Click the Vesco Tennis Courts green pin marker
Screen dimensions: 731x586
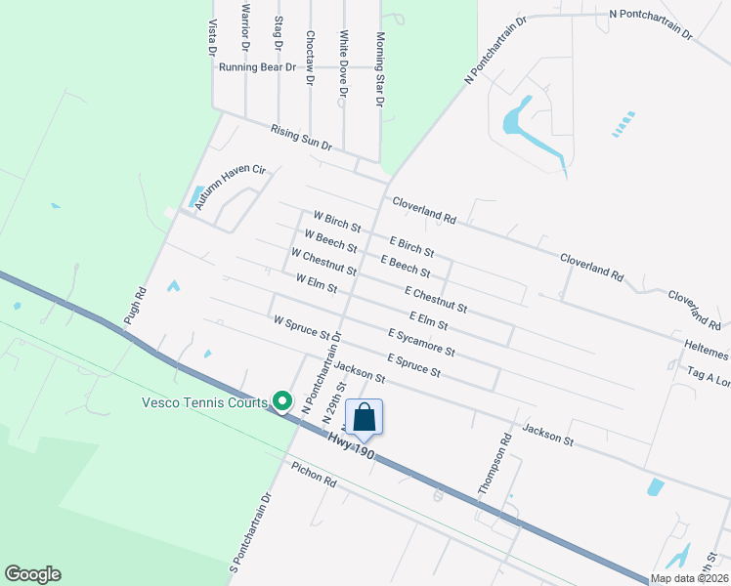(282, 400)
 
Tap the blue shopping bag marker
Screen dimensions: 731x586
(364, 417)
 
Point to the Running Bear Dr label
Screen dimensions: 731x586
(257, 67)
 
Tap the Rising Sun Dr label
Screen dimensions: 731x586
(302, 137)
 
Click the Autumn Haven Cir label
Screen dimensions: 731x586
(230, 186)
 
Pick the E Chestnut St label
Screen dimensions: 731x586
(435, 300)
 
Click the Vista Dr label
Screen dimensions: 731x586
(212, 36)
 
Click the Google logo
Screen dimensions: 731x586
(32, 574)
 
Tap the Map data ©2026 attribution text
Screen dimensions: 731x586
(689, 578)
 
